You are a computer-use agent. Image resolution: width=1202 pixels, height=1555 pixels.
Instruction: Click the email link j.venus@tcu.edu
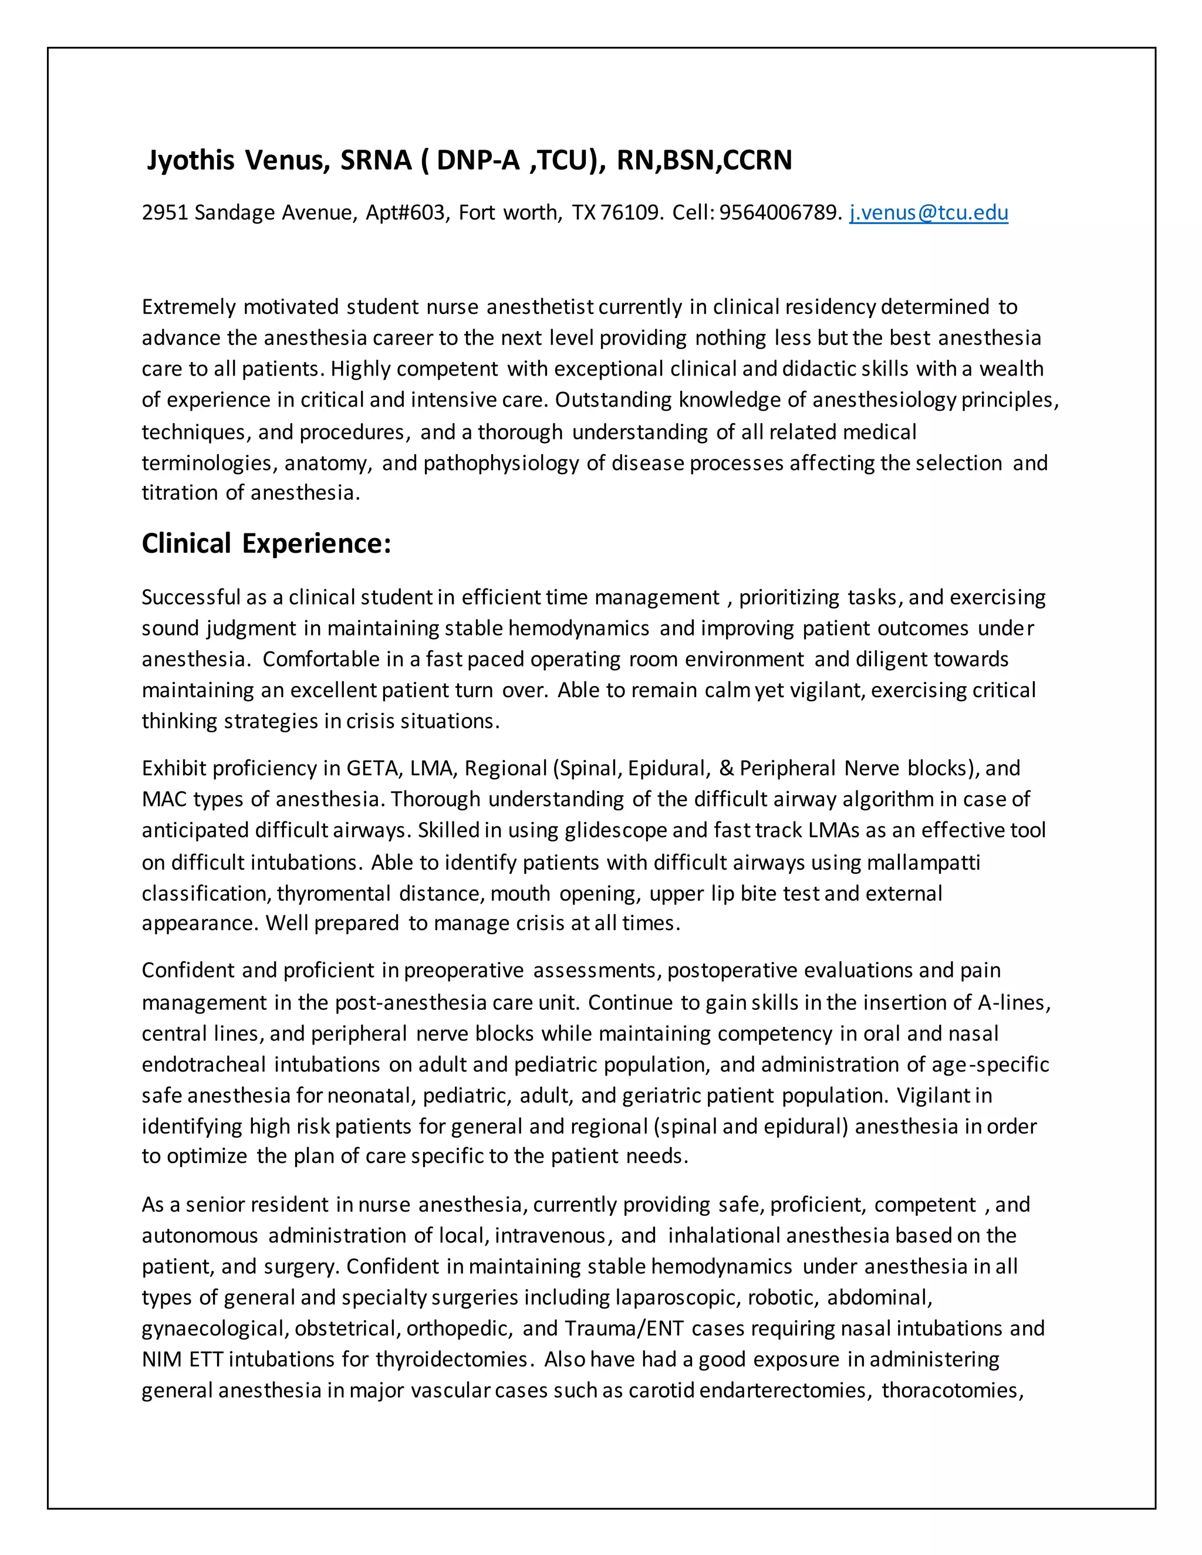928,212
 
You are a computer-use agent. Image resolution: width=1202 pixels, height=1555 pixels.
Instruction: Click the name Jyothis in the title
190,160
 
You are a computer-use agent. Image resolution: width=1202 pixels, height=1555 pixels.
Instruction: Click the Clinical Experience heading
266,543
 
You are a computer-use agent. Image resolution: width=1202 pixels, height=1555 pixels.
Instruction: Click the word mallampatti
924,862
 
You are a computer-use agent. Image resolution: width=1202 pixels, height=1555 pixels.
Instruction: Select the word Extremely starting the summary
189,307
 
